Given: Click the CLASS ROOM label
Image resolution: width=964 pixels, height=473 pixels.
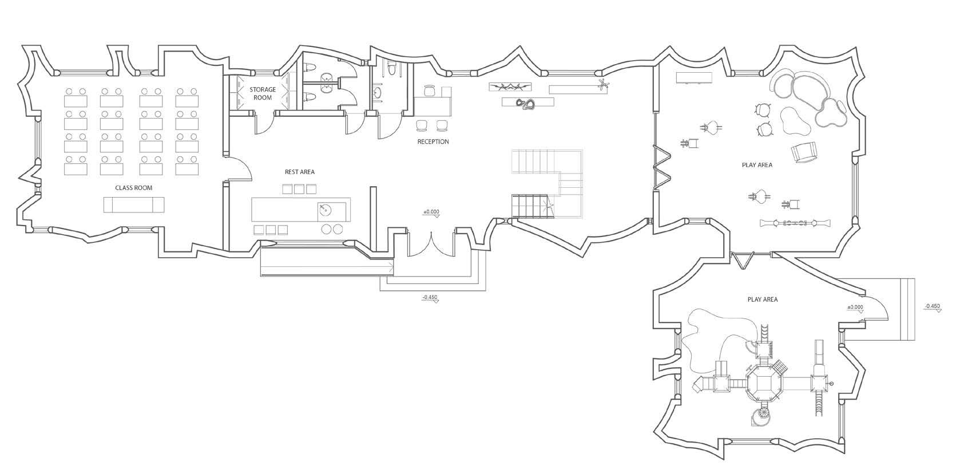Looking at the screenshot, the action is pos(133,188).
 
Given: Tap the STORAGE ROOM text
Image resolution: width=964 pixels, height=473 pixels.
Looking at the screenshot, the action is pos(263,93).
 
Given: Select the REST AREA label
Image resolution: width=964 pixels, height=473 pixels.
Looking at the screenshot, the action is pos(299,172).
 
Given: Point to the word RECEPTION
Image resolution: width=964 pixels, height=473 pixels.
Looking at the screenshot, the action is pos(433,141).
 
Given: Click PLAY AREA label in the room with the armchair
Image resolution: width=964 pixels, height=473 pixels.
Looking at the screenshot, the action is pos(757,165).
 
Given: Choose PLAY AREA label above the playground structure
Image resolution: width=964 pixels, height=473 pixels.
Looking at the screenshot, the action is pos(762,299).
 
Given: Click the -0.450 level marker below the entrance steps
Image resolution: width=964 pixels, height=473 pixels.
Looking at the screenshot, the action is pos(430,298).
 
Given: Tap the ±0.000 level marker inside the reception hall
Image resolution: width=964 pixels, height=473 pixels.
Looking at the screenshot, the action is pos(431,212).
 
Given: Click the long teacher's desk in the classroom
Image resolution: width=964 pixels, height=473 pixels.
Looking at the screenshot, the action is pos(134,204).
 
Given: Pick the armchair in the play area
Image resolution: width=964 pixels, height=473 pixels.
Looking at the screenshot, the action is pos(803,152).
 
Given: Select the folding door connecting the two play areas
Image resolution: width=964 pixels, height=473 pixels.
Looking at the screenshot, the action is pos(743,261).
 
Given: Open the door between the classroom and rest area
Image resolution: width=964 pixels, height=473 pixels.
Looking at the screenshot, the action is pos(237,168).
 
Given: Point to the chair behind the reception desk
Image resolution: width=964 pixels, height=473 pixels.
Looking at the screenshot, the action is pos(431,90).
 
